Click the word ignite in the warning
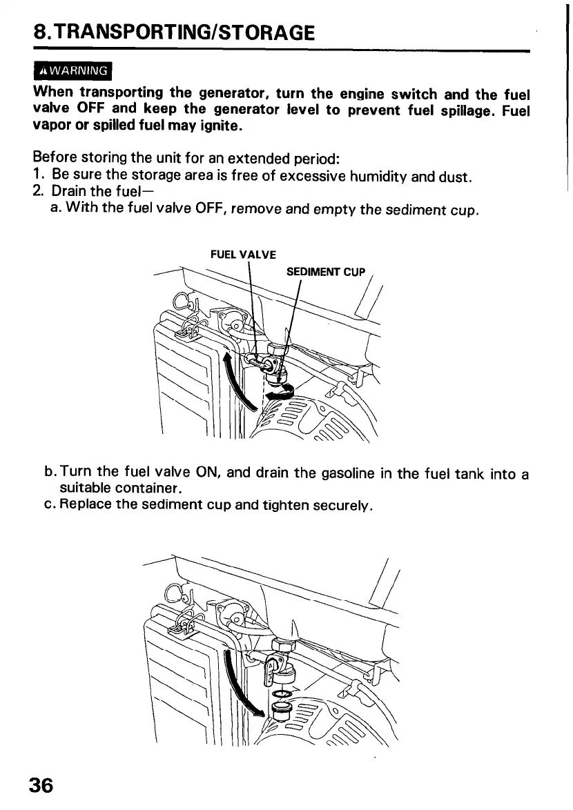pos(217,126)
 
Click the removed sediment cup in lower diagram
pos(282,709)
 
